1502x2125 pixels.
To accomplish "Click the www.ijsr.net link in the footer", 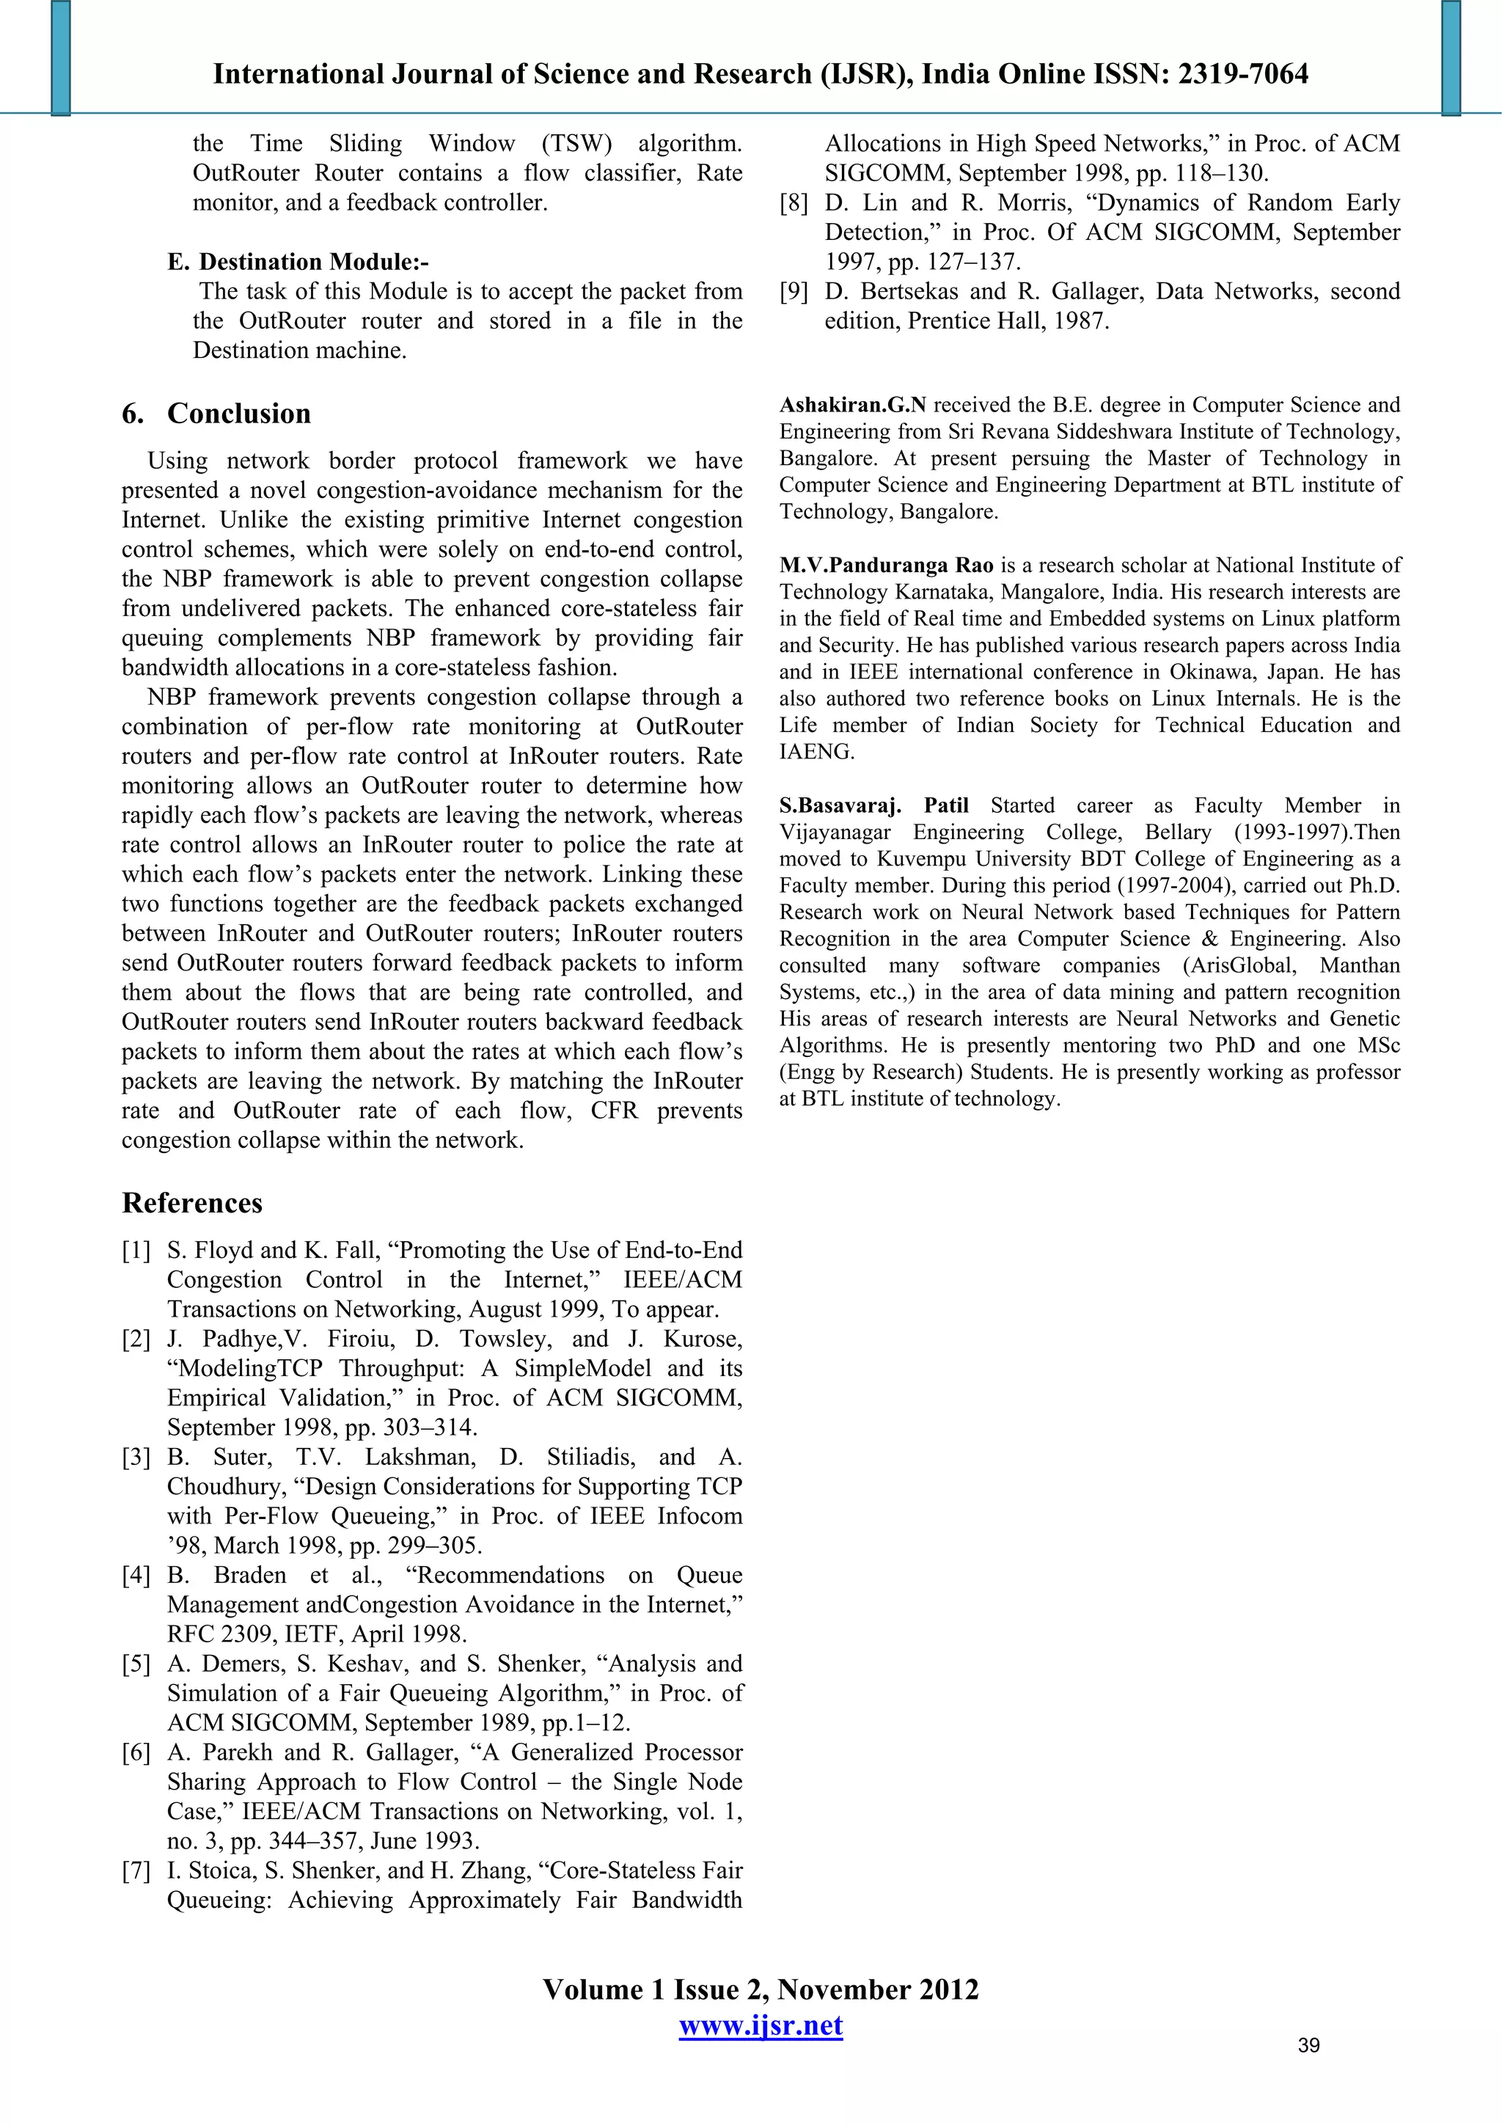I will (x=760, y=2025).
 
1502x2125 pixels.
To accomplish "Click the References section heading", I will (x=192, y=1202).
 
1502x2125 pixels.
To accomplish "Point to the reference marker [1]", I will (x=136, y=1251).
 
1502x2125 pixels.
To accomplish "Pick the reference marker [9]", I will (x=793, y=291).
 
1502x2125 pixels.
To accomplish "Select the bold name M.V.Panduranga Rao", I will (x=886, y=565).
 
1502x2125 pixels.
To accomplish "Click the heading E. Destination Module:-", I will (x=298, y=262).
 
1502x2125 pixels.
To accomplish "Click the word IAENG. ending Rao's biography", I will (x=816, y=752).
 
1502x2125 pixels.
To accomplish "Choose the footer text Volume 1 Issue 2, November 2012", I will (x=760, y=1989).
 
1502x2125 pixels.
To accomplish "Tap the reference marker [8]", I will (x=793, y=202).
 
